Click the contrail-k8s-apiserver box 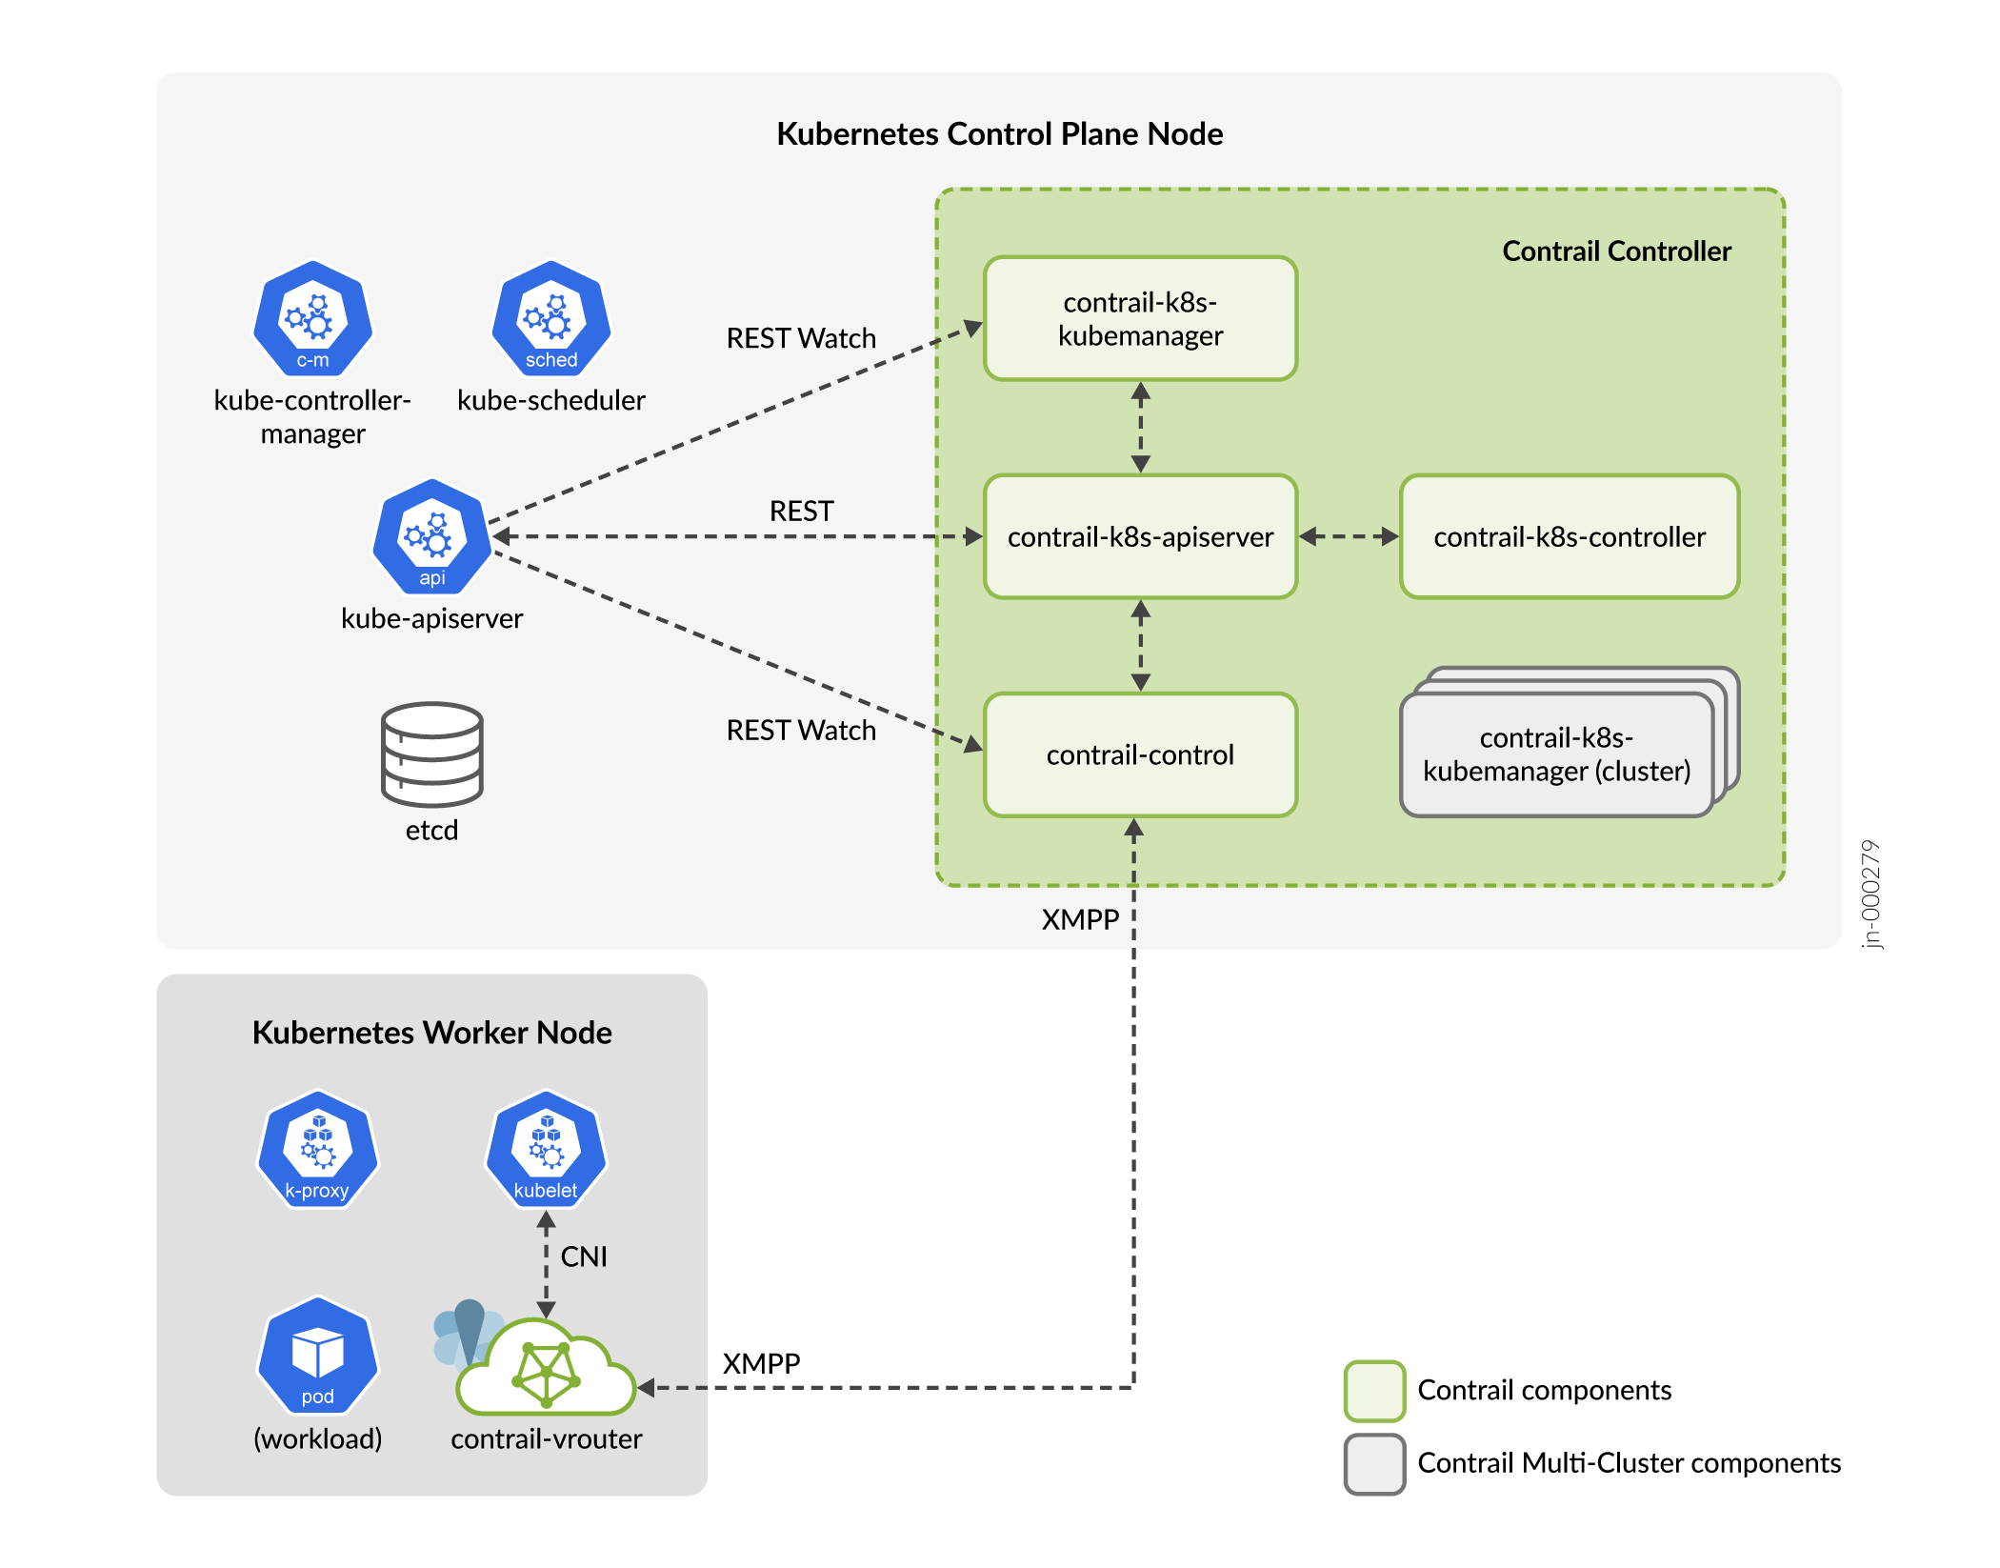[x=1140, y=536]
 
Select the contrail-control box [x=1140, y=754]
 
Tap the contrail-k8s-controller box [x=1569, y=536]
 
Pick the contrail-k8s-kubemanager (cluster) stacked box [x=1556, y=754]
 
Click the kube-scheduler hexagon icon [x=550, y=320]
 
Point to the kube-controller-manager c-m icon [x=312, y=320]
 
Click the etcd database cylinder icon [x=431, y=754]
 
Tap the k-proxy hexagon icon [x=317, y=1150]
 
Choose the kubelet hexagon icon [x=546, y=1150]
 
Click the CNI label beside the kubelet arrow [x=583, y=1256]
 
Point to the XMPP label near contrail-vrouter [x=761, y=1363]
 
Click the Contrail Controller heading [x=1616, y=251]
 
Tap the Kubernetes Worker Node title [x=431, y=1033]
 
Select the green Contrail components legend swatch [x=1374, y=1391]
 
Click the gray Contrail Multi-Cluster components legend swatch [x=1374, y=1463]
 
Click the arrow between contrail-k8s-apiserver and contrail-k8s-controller [x=1349, y=536]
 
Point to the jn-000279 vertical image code [x=1870, y=894]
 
